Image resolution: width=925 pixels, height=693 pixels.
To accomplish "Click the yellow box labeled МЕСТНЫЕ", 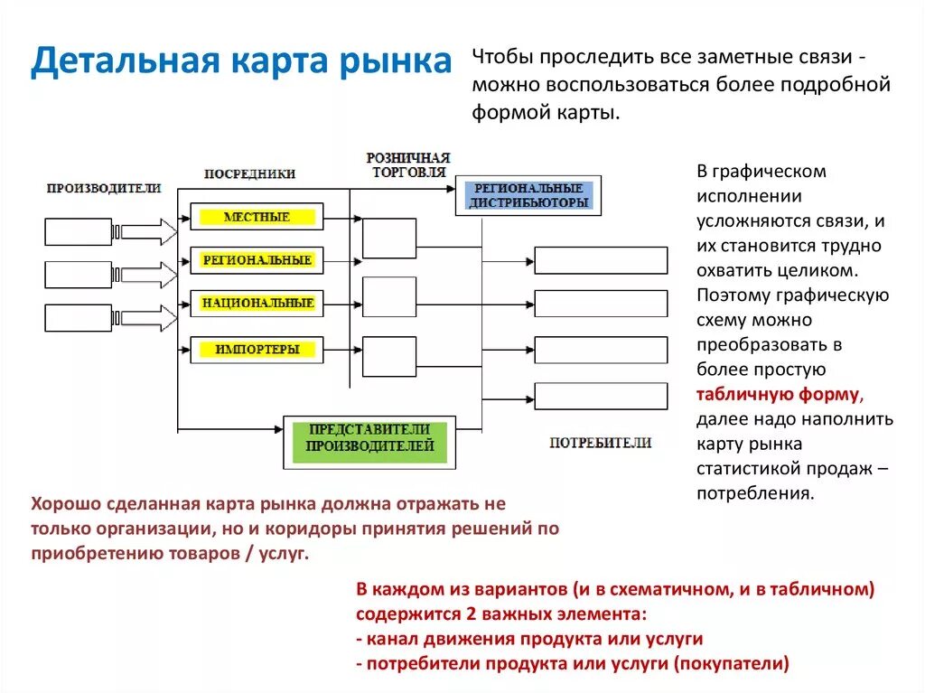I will pyautogui.click(x=257, y=217).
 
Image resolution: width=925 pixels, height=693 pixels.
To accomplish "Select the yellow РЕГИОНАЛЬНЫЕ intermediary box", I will pyautogui.click(x=257, y=260).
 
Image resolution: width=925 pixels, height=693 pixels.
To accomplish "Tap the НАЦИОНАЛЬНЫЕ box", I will pyautogui.click(x=257, y=304).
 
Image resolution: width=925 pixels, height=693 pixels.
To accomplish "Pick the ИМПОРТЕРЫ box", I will pyautogui.click(x=257, y=349).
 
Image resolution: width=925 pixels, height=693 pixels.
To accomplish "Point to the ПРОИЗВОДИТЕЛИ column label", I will pyautogui.click(x=104, y=188).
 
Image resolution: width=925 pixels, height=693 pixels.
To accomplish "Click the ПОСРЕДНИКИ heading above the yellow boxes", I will pyautogui.click(x=249, y=173).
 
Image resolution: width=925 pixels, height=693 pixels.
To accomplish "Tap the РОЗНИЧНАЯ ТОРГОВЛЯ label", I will pyautogui.click(x=407, y=164).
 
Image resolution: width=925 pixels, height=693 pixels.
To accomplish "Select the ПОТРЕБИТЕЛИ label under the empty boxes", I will pyautogui.click(x=600, y=443).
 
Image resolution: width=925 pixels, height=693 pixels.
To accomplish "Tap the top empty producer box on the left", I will pyautogui.click(x=79, y=231).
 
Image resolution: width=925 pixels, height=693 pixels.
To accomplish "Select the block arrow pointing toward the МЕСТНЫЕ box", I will pyautogui.click(x=149, y=231).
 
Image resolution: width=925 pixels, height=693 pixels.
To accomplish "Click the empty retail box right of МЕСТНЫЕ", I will pyautogui.click(x=389, y=239).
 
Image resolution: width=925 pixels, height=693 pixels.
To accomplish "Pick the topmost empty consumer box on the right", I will pyautogui.click(x=601, y=260).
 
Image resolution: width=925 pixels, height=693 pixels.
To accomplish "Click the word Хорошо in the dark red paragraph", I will pyautogui.click(x=65, y=503).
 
